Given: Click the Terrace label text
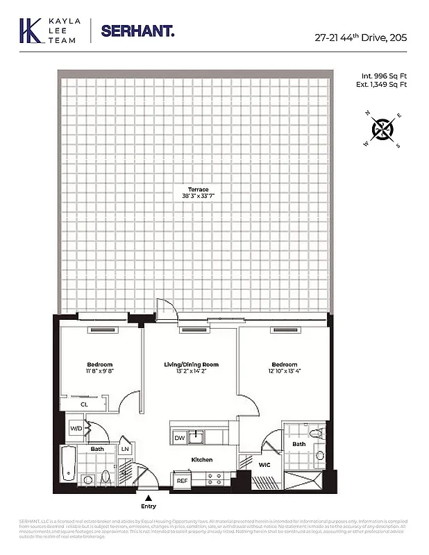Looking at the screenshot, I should [x=199, y=189].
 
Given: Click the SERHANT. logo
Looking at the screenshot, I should [x=137, y=31].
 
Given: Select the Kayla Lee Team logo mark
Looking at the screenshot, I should [x=30, y=31].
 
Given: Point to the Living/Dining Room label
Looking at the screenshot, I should [x=191, y=365].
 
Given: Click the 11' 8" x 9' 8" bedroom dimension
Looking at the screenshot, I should [x=99, y=371].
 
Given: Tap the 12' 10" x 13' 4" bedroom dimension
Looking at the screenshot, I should [x=284, y=371].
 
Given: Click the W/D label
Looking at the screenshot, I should [x=75, y=428].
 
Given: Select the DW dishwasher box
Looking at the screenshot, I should [x=179, y=438].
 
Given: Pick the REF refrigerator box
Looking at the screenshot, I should [x=182, y=480].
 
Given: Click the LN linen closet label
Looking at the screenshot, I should [x=125, y=450].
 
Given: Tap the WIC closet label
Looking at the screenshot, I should [x=264, y=465].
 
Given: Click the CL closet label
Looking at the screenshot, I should [x=84, y=403].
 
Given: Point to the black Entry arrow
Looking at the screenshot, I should [x=147, y=497].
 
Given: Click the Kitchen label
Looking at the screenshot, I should [x=202, y=460].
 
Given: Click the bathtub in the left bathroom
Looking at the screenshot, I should [x=68, y=465].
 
